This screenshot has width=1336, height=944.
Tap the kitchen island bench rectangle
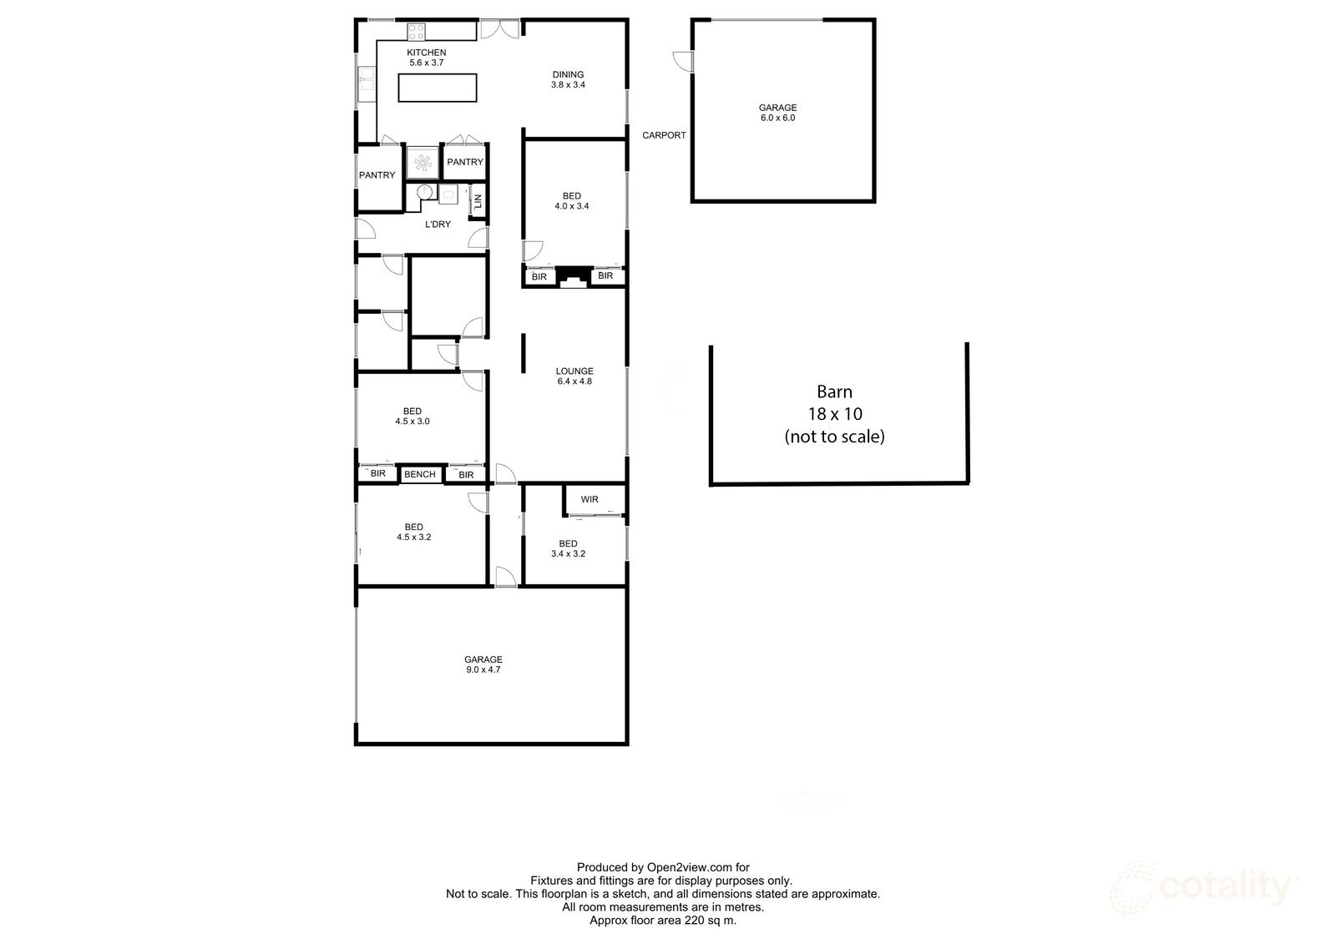[x=438, y=88]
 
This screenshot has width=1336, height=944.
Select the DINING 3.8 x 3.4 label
[x=568, y=79]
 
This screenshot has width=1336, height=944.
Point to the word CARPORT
[x=664, y=135]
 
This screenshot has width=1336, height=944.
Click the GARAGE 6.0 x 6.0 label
[x=777, y=113]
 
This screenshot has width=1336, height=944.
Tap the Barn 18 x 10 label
[x=834, y=413]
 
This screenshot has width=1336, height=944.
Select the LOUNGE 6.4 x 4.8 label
[x=574, y=376]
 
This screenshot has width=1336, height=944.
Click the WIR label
[x=590, y=500]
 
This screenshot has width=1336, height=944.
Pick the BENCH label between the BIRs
[x=419, y=475]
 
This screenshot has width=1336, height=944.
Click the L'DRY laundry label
[x=438, y=225]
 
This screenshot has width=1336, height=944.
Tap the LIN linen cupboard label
[x=478, y=201]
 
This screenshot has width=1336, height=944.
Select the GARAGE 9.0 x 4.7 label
[x=484, y=664]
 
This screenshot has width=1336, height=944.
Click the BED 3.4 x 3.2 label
[x=568, y=548]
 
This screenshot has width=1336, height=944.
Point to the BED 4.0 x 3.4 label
[x=571, y=201]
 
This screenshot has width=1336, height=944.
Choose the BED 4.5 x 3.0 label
[x=412, y=416]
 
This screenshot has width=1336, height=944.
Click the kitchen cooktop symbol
[x=417, y=33]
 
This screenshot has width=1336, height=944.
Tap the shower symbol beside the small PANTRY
[x=423, y=162]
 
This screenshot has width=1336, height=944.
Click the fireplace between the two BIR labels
[x=573, y=277]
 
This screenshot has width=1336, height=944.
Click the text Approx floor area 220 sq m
[x=663, y=921]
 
